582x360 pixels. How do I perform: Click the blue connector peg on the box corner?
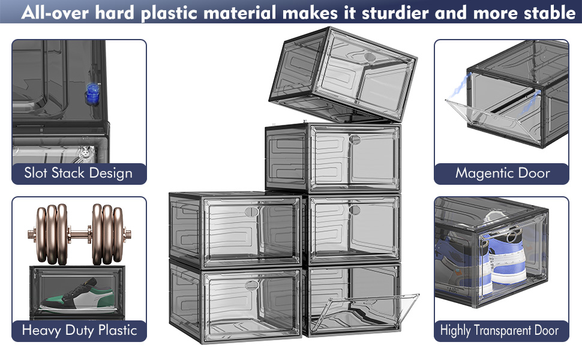pos(92,94)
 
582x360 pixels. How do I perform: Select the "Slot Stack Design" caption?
pos(79,173)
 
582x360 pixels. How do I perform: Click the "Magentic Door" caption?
pos(503,173)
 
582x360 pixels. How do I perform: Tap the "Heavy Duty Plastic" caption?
pos(79,331)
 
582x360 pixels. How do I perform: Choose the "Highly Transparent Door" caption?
pos(499,331)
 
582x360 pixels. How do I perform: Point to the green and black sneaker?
pos(77,295)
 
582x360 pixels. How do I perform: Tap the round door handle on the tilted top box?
pos(370,57)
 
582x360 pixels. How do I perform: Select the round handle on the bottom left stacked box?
pos(251,285)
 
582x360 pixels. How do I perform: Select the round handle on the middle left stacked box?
pos(251,212)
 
